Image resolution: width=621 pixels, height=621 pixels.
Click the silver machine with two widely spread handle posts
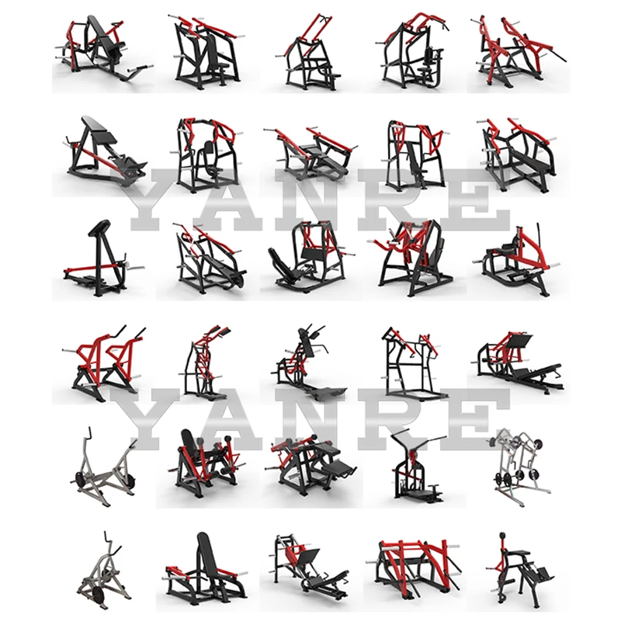pyautogui.click(x=101, y=466)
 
